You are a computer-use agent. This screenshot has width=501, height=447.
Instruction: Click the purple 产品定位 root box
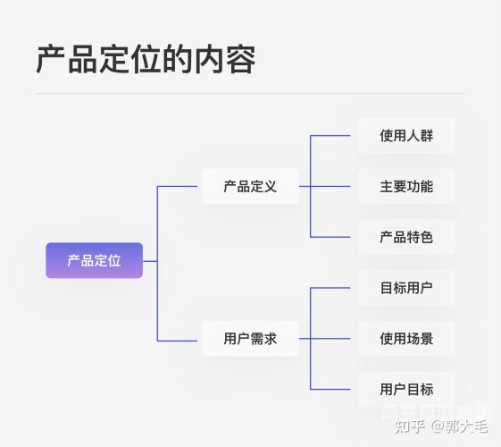pos(94,260)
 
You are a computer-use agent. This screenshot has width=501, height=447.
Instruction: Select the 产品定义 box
pos(250,186)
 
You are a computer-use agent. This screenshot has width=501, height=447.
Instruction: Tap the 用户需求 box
pos(250,339)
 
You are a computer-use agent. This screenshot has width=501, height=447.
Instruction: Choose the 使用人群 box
pos(406,136)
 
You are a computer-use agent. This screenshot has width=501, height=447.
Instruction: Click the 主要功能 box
pos(406,186)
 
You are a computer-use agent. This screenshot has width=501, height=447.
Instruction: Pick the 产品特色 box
pos(406,237)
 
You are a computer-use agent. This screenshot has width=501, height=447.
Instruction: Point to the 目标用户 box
pos(406,288)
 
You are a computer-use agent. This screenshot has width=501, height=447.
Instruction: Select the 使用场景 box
pos(406,339)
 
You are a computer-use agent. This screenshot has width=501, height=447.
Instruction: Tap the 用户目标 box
pos(406,389)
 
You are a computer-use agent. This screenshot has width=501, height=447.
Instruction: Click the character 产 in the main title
pos(51,59)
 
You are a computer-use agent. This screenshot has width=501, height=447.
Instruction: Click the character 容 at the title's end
pos(240,59)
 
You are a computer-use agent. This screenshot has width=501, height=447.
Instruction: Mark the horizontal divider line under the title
pos(250,93)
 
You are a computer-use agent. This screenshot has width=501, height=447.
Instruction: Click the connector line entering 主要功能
pos(335,186)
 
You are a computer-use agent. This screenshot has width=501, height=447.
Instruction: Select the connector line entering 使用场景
pos(335,339)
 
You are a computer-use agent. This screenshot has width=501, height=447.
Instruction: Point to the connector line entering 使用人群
pos(335,136)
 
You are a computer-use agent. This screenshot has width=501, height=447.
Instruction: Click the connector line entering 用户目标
pos(335,389)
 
